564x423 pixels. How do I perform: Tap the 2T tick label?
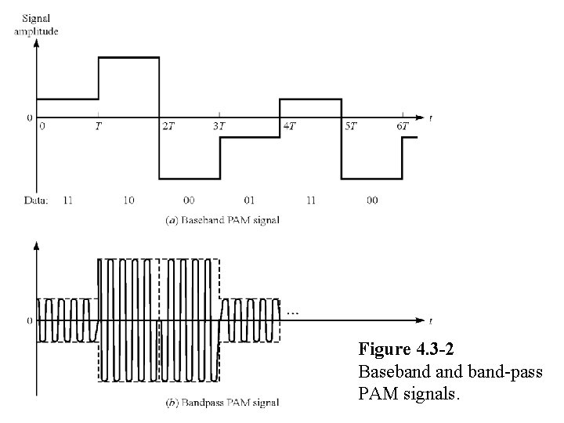(x=168, y=125)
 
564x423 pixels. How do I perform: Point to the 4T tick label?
(x=289, y=125)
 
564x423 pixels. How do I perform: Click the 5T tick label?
(x=349, y=125)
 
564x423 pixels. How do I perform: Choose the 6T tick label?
(x=403, y=125)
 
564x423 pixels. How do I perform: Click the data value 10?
(x=128, y=201)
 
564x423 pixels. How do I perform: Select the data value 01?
(x=250, y=201)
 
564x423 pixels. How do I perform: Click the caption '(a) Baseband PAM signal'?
(x=222, y=220)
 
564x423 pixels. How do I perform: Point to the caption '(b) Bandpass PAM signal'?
(x=222, y=403)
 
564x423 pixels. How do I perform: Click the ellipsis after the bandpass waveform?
(x=291, y=312)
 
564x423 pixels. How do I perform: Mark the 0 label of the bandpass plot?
(x=30, y=321)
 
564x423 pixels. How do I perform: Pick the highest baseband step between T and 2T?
(x=128, y=57)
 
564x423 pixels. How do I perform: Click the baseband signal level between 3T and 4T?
(x=250, y=138)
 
